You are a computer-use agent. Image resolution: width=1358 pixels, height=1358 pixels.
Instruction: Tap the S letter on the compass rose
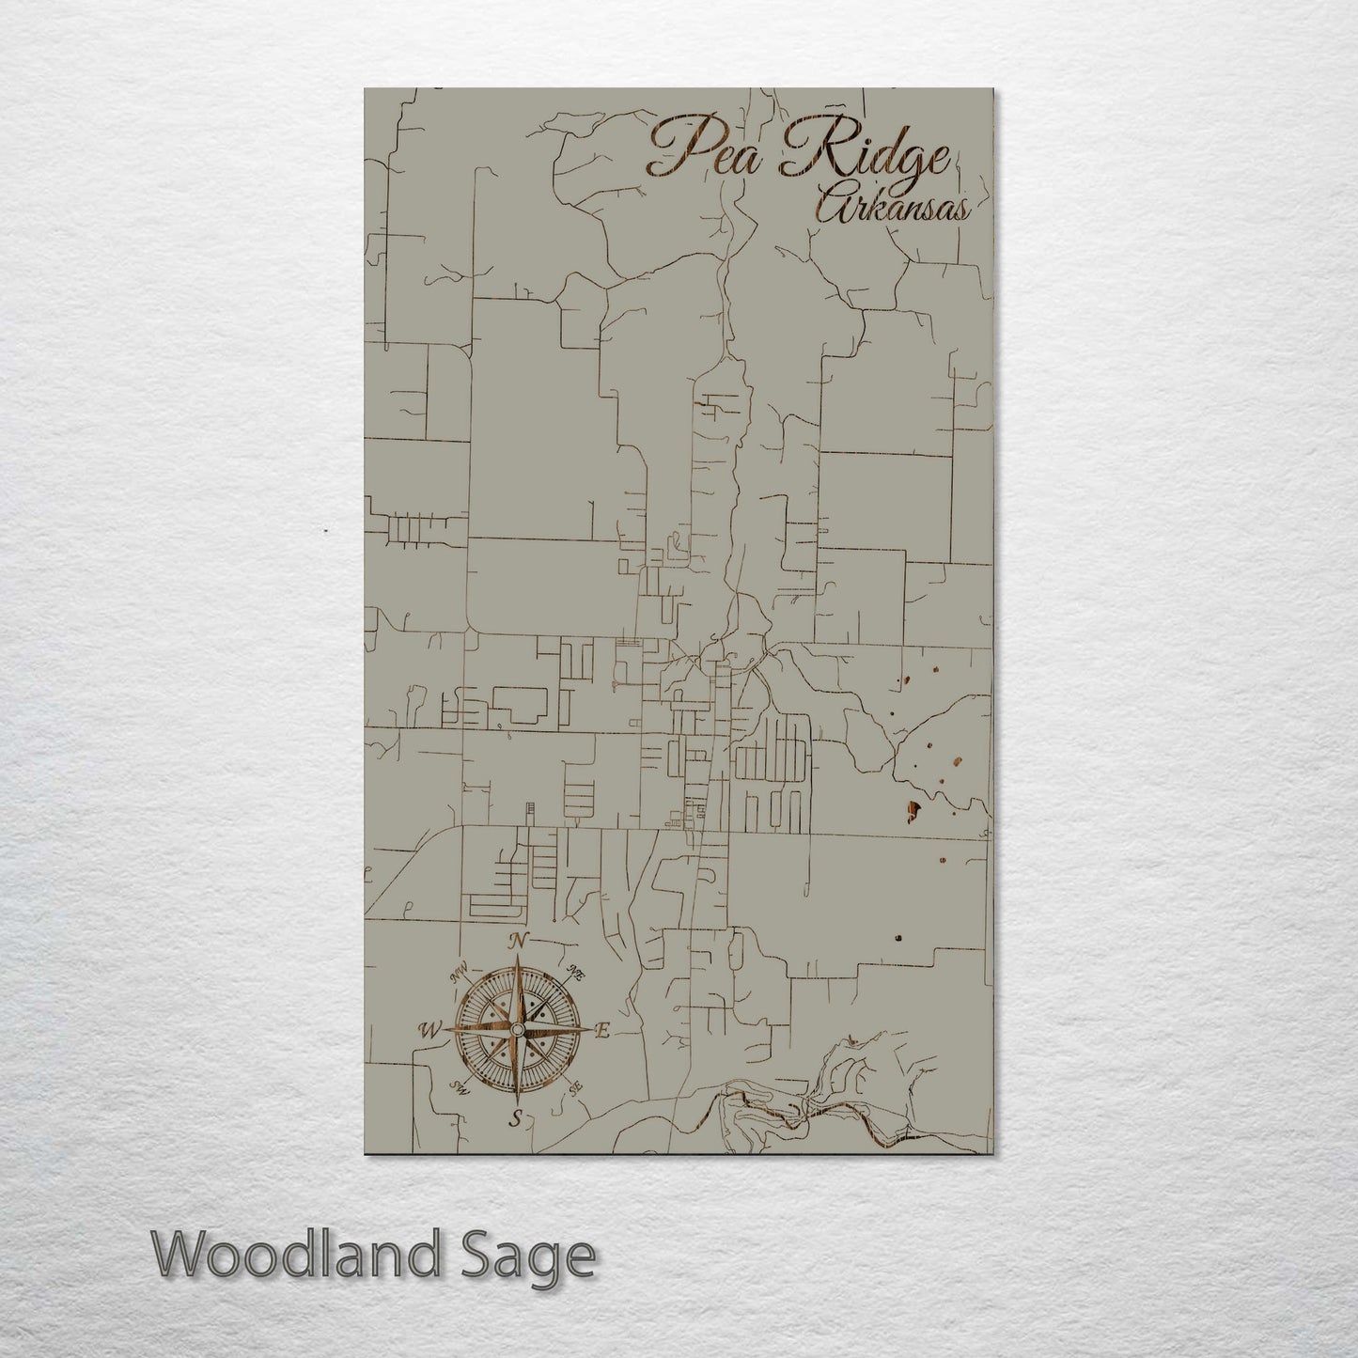point(515,1117)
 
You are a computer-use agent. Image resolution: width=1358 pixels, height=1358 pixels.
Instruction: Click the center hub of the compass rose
point(516,1031)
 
